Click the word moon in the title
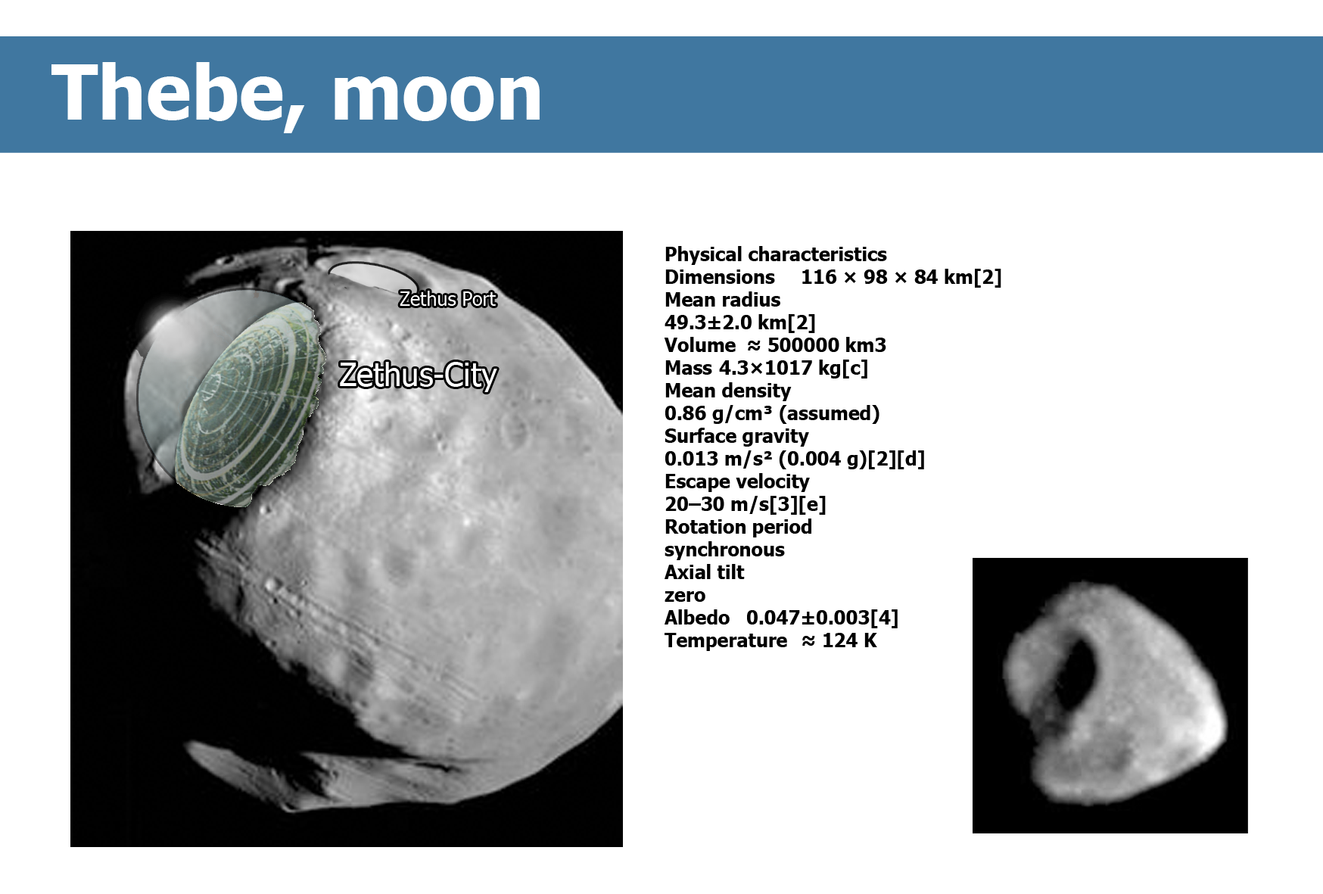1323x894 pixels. (x=437, y=94)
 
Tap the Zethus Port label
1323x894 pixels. (x=447, y=299)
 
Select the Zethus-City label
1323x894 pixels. (x=418, y=375)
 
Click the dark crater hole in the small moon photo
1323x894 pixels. (x=1077, y=672)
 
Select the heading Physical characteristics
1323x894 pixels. (x=775, y=254)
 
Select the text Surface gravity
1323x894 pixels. (x=736, y=436)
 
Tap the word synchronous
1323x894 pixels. (x=724, y=550)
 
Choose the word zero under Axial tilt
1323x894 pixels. (x=685, y=595)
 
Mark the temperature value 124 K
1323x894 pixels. (x=849, y=640)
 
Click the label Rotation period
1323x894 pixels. (x=738, y=527)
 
